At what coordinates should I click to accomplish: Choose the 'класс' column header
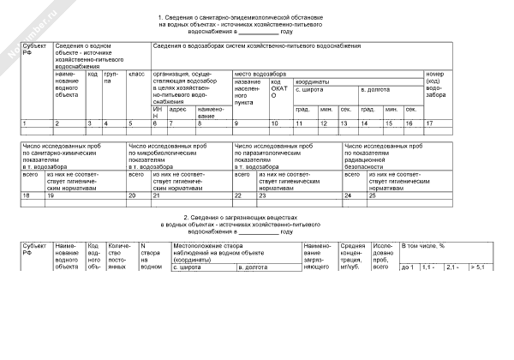click(x=135, y=74)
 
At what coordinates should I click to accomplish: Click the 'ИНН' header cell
click(x=157, y=113)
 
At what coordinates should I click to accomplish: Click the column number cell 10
click(x=274, y=124)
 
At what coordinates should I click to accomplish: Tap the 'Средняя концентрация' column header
click(x=354, y=256)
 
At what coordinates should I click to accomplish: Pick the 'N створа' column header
click(x=151, y=256)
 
